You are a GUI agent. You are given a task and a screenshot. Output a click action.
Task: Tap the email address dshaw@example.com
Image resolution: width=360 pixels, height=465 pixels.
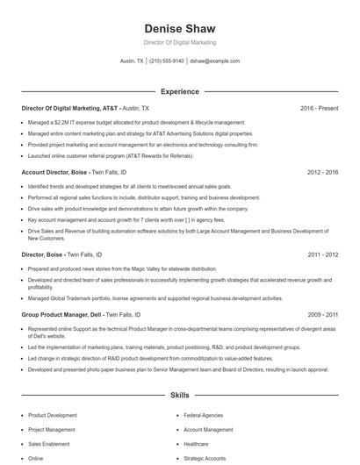coord(214,61)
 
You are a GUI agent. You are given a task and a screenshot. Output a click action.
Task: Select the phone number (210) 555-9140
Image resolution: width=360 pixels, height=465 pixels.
coord(167,61)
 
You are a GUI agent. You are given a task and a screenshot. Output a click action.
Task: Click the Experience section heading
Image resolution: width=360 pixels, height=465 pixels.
coord(179,91)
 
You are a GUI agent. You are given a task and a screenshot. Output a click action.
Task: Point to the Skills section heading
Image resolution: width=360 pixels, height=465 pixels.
coord(179,396)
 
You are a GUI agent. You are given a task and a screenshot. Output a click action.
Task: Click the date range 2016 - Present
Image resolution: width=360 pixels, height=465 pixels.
coord(319,108)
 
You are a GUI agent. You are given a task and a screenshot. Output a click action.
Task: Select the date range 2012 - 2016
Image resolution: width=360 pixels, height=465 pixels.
coord(322,173)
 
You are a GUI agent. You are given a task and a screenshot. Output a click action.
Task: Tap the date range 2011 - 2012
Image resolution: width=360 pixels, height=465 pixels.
coord(322,254)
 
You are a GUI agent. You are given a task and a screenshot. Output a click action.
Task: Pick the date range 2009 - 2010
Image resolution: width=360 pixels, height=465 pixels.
coord(322,313)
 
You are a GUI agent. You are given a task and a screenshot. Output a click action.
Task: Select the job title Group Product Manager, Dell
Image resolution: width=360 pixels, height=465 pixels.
coord(62,313)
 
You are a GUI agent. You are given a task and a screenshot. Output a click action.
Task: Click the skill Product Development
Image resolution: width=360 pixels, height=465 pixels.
coord(53,415)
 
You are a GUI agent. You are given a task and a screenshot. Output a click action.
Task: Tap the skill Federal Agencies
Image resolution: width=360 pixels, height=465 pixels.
coord(203,415)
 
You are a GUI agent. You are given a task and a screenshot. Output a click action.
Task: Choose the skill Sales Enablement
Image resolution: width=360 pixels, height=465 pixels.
coord(49,444)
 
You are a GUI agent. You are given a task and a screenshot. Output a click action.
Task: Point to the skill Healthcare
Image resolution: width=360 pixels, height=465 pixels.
coord(197,444)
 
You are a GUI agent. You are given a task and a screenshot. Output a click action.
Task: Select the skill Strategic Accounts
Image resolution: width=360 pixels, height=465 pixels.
coord(205,458)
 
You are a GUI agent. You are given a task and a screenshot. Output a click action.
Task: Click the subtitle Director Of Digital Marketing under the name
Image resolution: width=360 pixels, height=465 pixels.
coord(179,42)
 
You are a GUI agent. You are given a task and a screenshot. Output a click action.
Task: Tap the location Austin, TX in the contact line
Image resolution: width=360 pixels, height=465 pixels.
coord(132,61)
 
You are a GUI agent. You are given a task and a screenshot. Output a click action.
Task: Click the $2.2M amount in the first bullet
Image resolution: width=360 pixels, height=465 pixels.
coord(61,122)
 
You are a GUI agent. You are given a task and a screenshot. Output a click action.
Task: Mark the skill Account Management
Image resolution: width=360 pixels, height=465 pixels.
coord(208,430)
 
